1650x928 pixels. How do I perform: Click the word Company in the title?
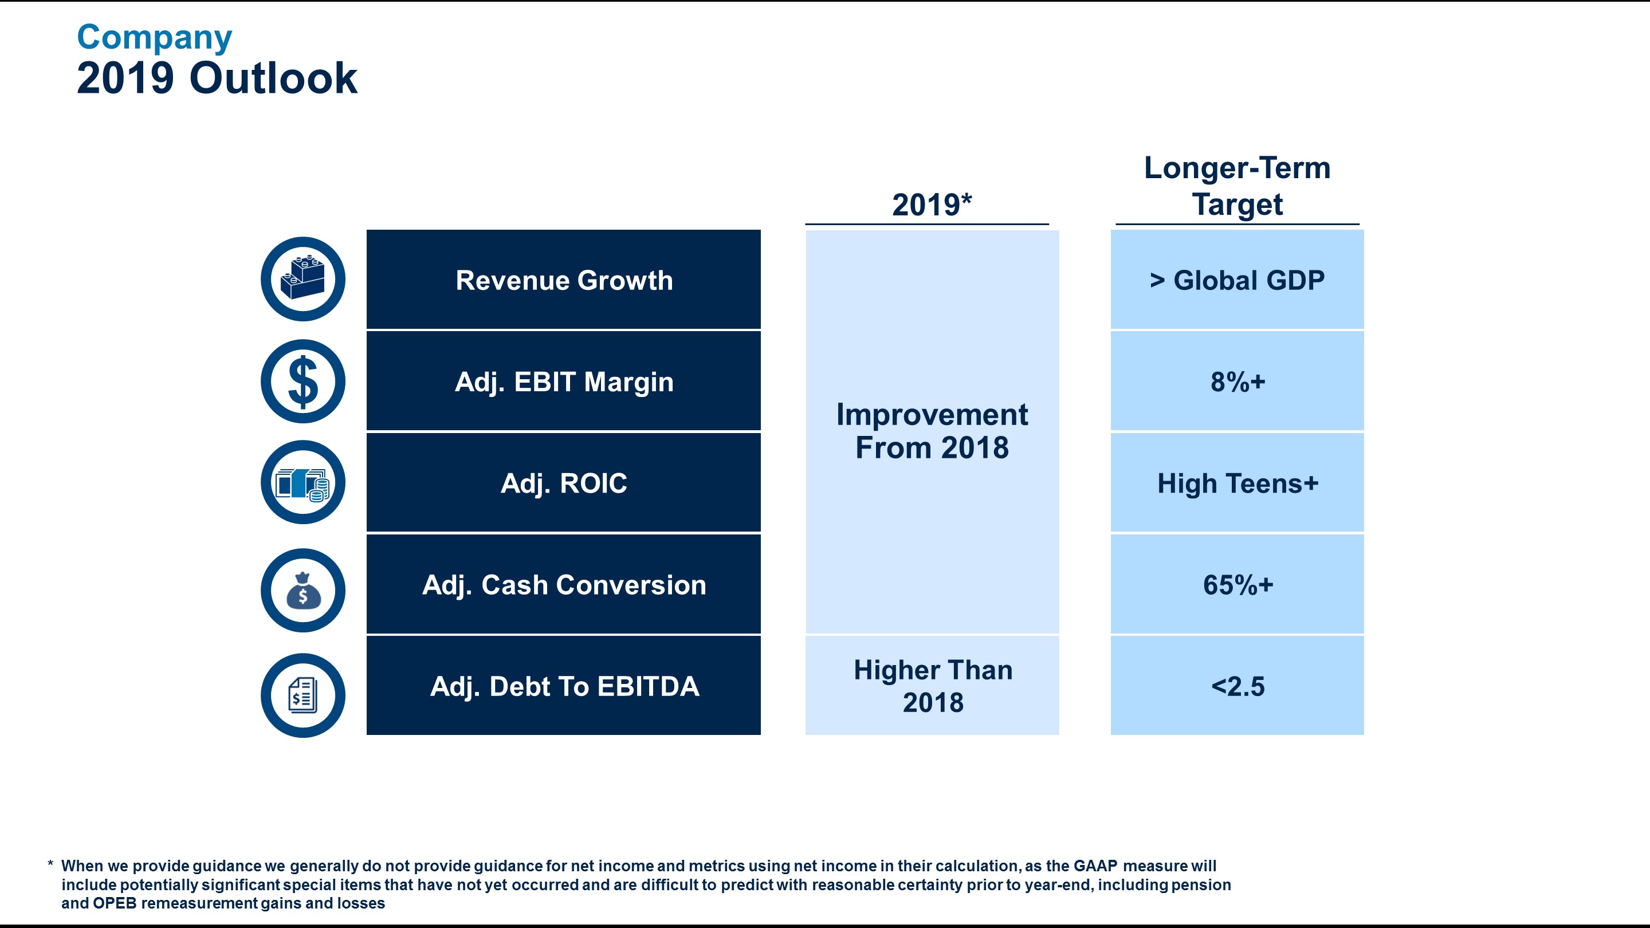pyautogui.click(x=154, y=38)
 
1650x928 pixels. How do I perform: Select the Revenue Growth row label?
pyautogui.click(x=564, y=281)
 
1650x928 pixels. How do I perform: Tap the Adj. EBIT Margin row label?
pyautogui.click(x=564, y=382)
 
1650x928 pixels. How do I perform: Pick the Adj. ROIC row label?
pyautogui.click(x=564, y=483)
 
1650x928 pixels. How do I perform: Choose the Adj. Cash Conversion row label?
pyautogui.click(x=564, y=585)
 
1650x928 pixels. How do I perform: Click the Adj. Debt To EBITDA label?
pyautogui.click(x=564, y=686)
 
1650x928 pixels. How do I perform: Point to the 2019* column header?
pyautogui.click(x=932, y=205)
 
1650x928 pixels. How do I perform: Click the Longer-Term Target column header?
pyautogui.click(x=1237, y=186)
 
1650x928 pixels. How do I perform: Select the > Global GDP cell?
pyautogui.click(x=1237, y=281)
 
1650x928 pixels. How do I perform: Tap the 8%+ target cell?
pyautogui.click(x=1237, y=382)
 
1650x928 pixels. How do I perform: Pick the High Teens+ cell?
pyautogui.click(x=1237, y=483)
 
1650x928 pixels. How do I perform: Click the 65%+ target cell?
pyautogui.click(x=1237, y=585)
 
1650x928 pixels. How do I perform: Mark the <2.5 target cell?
pyautogui.click(x=1237, y=686)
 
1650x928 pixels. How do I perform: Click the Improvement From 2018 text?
pyautogui.click(x=932, y=431)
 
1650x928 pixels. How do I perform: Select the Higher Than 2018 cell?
pyautogui.click(x=933, y=686)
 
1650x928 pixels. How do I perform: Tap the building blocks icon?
pyautogui.click(x=303, y=279)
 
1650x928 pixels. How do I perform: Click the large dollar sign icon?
pyautogui.click(x=303, y=382)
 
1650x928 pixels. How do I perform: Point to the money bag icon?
pyautogui.click(x=303, y=591)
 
